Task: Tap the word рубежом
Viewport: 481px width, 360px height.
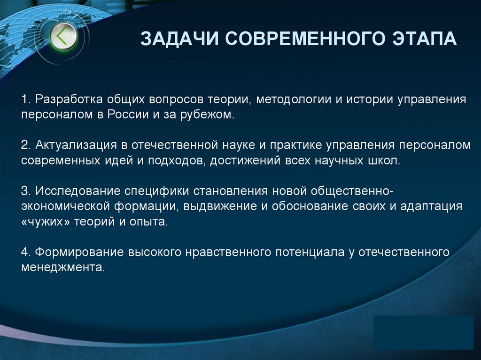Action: [x=207, y=115]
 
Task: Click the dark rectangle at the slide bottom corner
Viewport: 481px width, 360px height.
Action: [x=423, y=333]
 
